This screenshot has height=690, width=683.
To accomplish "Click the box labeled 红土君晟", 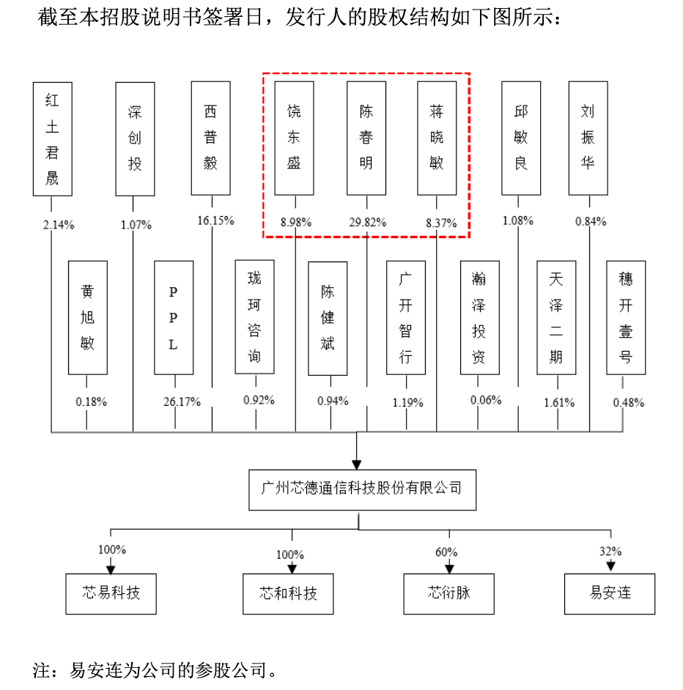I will [x=52, y=138].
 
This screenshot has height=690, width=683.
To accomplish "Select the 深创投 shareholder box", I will [x=135, y=138].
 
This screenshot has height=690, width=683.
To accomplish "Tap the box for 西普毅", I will [x=210, y=138].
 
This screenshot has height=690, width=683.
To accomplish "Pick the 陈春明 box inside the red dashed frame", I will [x=366, y=138].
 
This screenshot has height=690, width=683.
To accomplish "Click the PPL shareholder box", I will [x=174, y=317].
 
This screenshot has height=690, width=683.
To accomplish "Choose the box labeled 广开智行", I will [x=406, y=317].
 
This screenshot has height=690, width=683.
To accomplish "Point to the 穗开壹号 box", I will [x=626, y=317].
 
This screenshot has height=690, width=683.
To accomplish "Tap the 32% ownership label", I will [x=610, y=552].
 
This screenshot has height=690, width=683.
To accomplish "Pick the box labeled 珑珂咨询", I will [x=254, y=317].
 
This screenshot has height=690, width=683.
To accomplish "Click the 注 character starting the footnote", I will [x=41, y=670].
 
